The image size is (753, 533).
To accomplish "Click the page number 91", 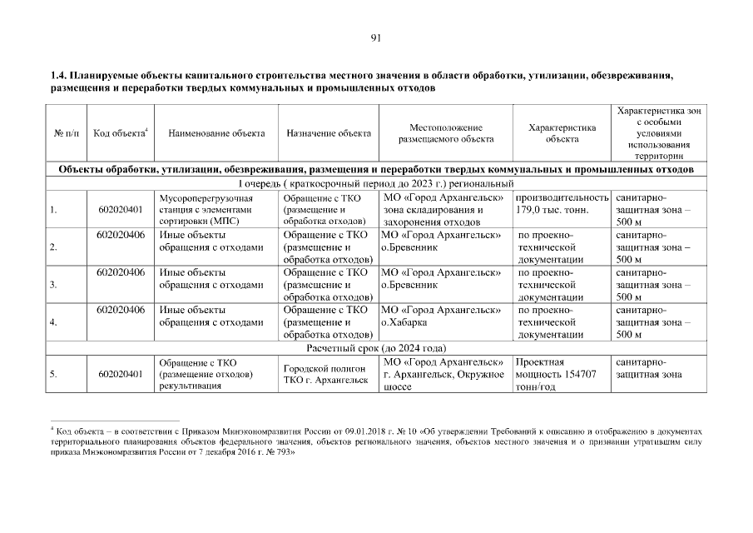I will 376,37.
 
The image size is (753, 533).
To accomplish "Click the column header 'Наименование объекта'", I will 216,133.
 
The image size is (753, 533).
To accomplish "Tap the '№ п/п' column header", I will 67,133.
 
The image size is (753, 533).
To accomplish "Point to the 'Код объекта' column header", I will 120,133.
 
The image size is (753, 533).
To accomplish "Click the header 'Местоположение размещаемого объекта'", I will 445,133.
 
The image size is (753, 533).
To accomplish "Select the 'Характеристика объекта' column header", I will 562,133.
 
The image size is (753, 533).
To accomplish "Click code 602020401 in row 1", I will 120,209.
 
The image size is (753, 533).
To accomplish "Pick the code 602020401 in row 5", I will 120,375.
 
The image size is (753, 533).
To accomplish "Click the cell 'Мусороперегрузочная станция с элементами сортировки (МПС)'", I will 206,209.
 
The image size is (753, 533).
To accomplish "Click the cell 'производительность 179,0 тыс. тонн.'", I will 562,204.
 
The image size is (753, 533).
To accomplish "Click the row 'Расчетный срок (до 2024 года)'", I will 376,347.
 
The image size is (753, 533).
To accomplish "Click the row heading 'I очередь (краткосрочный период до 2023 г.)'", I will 376,183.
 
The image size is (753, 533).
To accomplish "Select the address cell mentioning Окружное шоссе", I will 445,375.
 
